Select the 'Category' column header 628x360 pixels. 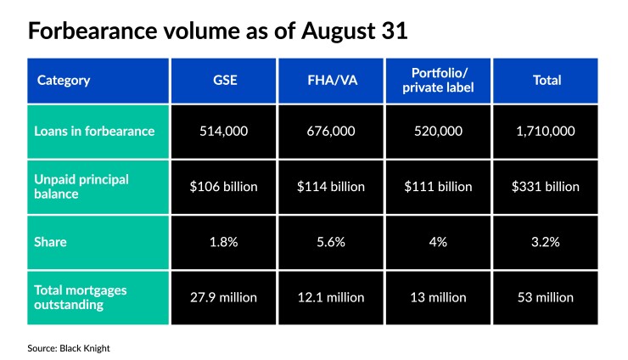coord(64,81)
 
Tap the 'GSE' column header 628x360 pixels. coord(224,81)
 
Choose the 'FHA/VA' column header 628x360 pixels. coord(331,81)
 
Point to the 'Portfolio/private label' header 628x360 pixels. coord(438,81)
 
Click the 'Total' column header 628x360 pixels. coord(545,81)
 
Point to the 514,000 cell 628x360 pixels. coord(224,132)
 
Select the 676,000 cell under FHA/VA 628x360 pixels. coord(331,132)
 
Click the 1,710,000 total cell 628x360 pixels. coord(545,132)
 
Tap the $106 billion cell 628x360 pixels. coord(224,187)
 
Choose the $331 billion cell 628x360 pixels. coord(545,187)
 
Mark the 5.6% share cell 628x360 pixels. coord(331,242)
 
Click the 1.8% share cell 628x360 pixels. coord(224,242)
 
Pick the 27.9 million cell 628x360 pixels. coord(224,297)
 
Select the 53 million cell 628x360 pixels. coord(545,297)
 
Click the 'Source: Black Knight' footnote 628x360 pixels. coord(68,348)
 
